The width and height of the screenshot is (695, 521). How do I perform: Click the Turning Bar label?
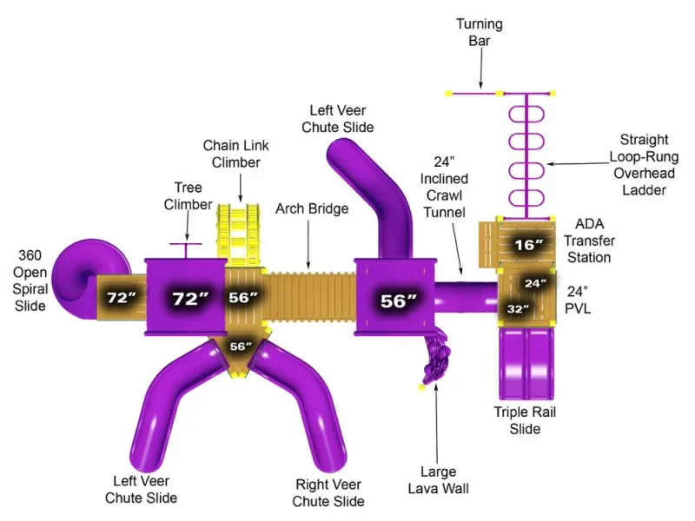[x=480, y=32]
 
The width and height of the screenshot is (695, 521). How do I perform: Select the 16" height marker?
[x=529, y=244]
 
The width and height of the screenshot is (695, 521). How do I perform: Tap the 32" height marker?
[x=518, y=308]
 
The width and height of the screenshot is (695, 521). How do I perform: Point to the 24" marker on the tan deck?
[x=535, y=283]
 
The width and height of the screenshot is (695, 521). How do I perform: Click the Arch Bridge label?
[x=312, y=208]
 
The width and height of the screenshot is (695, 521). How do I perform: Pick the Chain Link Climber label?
[x=235, y=154]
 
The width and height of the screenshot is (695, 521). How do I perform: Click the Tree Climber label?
[x=188, y=196]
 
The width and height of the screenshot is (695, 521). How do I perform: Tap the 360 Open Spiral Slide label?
[x=30, y=280]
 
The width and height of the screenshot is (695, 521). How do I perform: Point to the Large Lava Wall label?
[x=439, y=480]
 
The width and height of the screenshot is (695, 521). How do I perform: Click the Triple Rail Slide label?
[x=525, y=420]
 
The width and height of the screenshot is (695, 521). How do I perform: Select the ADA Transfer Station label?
[x=589, y=241]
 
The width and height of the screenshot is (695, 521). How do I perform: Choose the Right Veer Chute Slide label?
[x=328, y=492]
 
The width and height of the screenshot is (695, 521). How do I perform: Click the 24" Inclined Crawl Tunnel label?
[x=444, y=187]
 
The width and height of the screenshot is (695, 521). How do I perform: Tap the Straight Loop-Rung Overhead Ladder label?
[x=644, y=165]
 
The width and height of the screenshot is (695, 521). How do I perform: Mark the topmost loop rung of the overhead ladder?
[x=526, y=115]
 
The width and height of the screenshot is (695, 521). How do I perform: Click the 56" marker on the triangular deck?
[x=241, y=346]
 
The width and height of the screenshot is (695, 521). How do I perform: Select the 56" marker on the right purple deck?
[x=399, y=301]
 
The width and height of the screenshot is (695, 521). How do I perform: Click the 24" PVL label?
[x=578, y=300]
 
